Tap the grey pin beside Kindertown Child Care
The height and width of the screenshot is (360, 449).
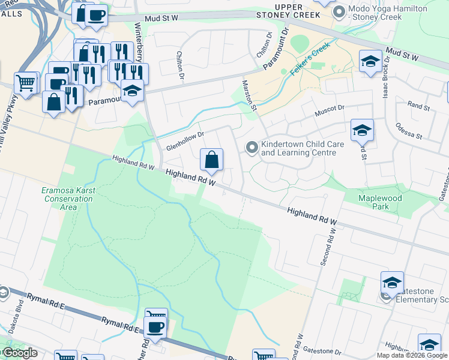(x=252, y=146)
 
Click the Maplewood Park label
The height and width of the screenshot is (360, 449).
(x=382, y=202)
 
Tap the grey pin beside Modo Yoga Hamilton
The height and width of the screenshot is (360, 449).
(x=340, y=10)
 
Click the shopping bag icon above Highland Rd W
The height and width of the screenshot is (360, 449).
(x=211, y=160)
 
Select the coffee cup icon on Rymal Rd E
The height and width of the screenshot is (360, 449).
(x=156, y=328)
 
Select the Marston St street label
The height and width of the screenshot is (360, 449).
(x=249, y=95)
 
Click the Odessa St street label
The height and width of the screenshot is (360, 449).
(x=409, y=130)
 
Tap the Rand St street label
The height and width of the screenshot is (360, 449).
(x=418, y=106)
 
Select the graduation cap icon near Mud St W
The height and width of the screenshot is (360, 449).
(x=370, y=61)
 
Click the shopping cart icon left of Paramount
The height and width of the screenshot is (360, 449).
(x=25, y=83)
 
